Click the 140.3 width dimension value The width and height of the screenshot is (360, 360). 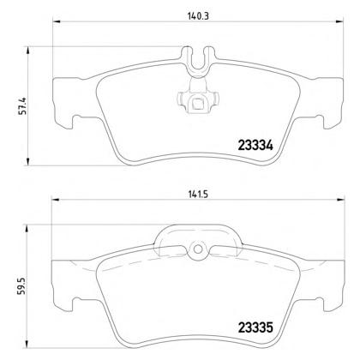(198, 16)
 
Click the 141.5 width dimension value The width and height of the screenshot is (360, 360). (198, 195)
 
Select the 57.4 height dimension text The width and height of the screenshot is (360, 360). (22, 106)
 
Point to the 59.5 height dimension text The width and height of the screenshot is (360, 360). (22, 285)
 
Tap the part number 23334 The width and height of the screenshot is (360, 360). (255, 146)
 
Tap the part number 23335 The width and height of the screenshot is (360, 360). (255, 327)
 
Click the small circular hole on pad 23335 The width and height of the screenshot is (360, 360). (197, 249)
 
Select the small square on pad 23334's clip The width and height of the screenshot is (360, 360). (197, 103)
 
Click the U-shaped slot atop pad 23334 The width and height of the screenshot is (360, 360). (197, 61)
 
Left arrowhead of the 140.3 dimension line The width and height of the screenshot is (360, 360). (57, 21)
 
